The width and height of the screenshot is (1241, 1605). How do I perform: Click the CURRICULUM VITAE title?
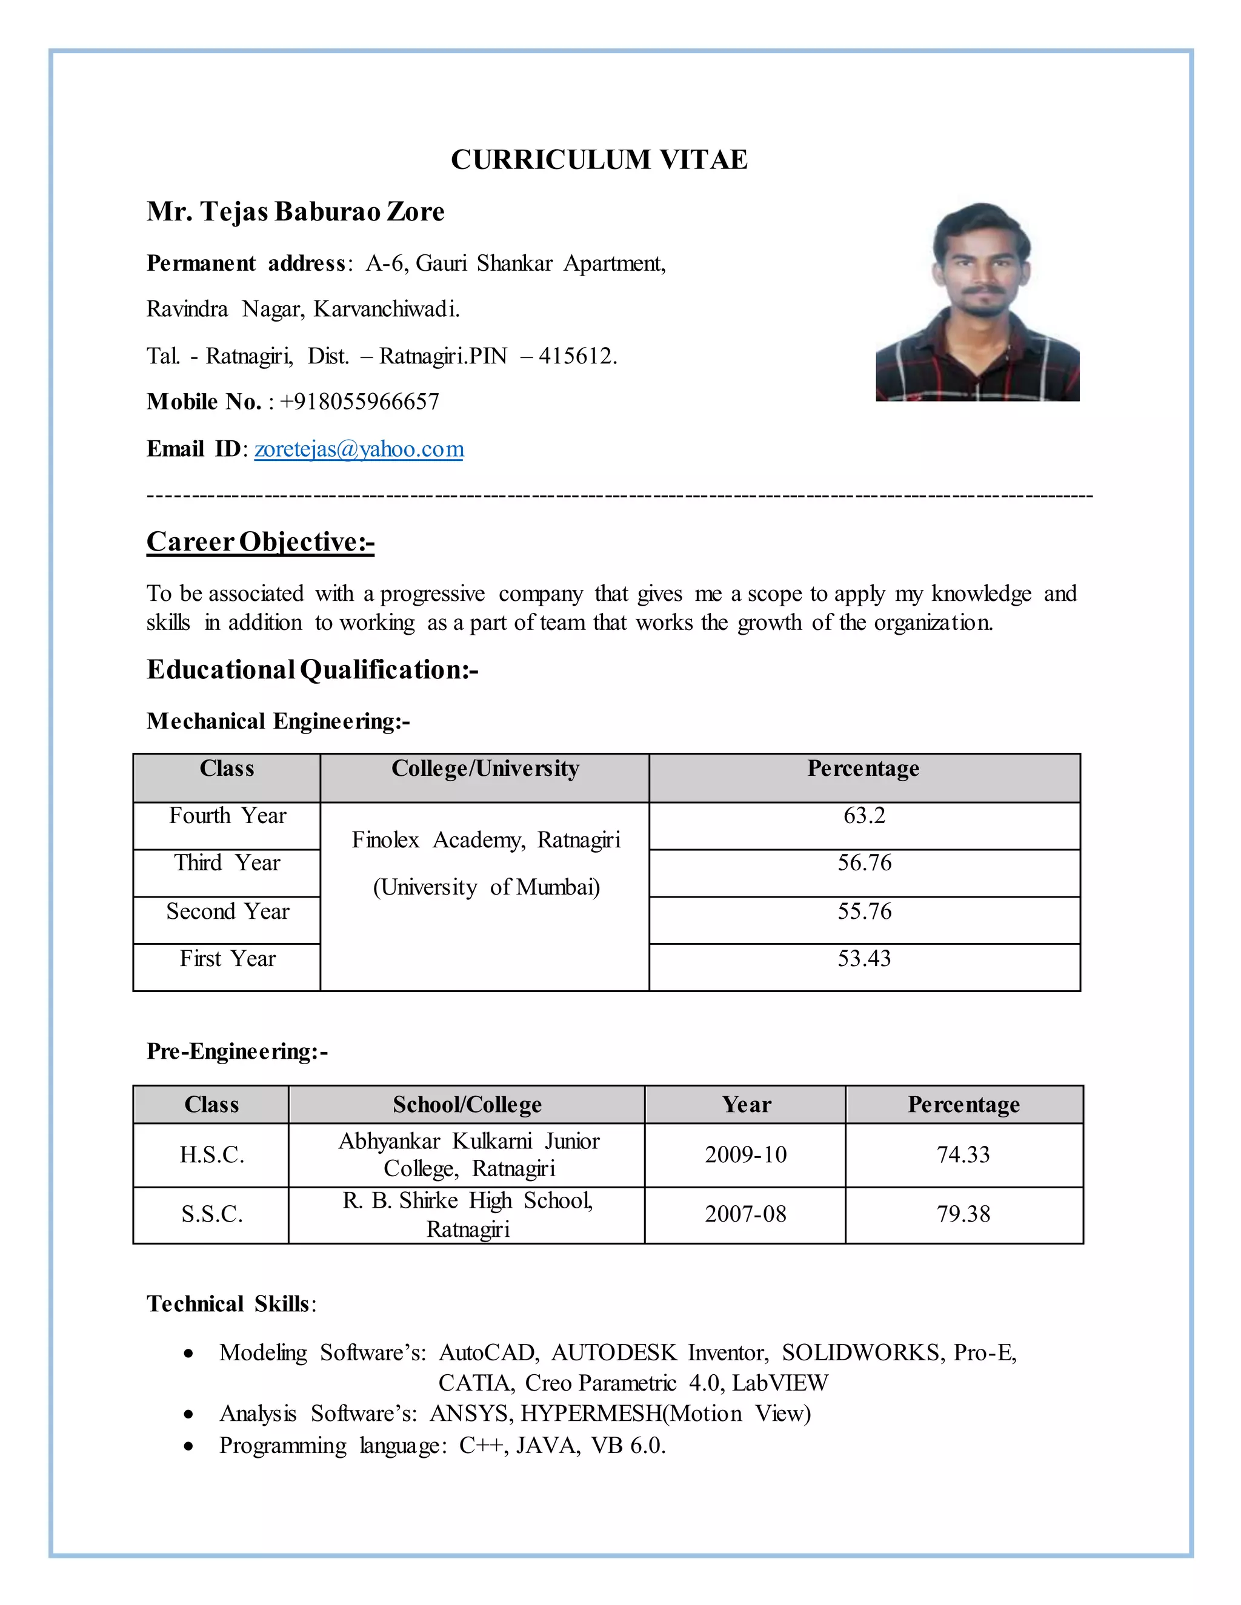click(x=599, y=159)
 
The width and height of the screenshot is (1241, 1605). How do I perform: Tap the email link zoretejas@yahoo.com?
click(x=359, y=449)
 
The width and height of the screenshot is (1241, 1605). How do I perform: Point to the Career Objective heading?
click(x=260, y=541)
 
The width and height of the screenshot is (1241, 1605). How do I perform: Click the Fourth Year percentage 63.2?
click(x=865, y=816)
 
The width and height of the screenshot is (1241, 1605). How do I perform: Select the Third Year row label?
click(x=227, y=862)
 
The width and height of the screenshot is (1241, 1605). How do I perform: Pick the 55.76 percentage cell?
click(x=865, y=912)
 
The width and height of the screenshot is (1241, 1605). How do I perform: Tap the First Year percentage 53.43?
click(x=865, y=958)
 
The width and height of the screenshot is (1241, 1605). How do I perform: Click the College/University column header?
click(x=485, y=769)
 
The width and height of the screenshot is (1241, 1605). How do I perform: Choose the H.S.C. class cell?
click(x=211, y=1154)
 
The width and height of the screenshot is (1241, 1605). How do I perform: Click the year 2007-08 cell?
click(x=745, y=1214)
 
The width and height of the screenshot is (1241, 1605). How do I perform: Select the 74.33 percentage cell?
click(x=963, y=1154)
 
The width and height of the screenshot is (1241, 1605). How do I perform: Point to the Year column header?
click(x=746, y=1105)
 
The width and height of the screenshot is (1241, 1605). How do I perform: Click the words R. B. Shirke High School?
click(x=468, y=1201)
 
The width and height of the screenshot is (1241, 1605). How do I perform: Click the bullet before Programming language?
click(x=189, y=1447)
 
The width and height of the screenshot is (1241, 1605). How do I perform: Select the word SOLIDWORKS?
click(x=862, y=1353)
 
